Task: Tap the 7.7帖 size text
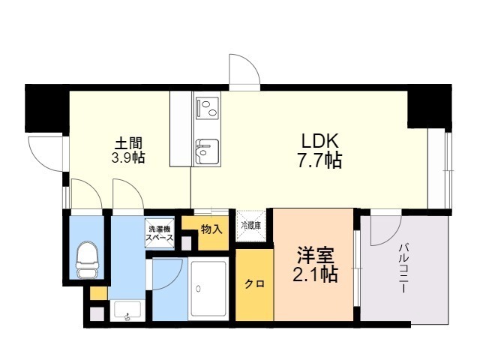pyautogui.click(x=321, y=160)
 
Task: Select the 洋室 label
pyautogui.click(x=314, y=255)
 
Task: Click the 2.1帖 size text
pyautogui.click(x=314, y=274)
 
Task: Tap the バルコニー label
pyautogui.click(x=403, y=266)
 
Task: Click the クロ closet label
pyautogui.click(x=254, y=284)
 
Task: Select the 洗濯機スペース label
pyautogui.click(x=159, y=233)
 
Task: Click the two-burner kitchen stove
pyautogui.click(x=207, y=110)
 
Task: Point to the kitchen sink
pyautogui.click(x=206, y=150)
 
